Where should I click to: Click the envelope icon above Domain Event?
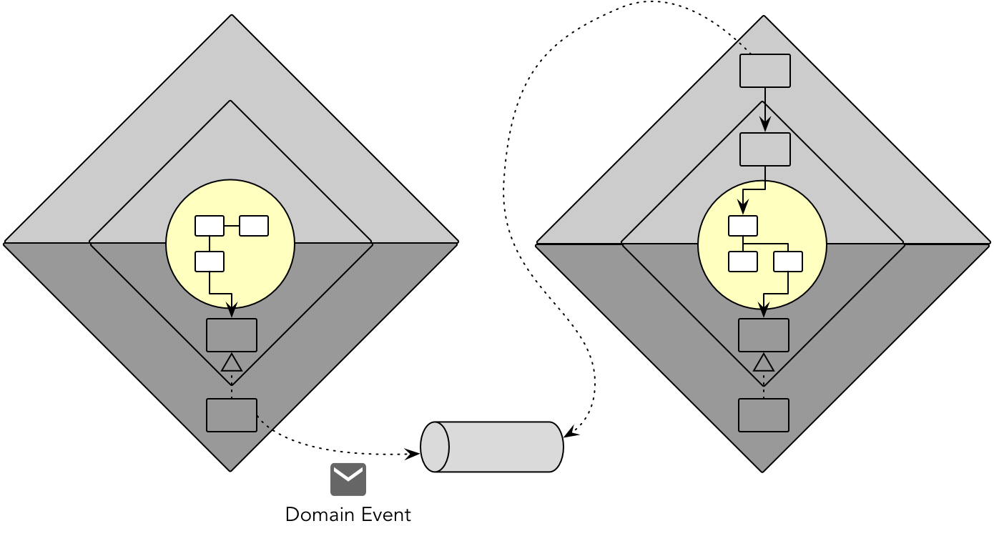click(348, 480)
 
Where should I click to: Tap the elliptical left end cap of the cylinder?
click(435, 447)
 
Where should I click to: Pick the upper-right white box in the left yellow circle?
click(254, 226)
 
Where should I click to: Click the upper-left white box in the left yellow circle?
click(210, 226)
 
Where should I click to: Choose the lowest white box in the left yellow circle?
click(210, 262)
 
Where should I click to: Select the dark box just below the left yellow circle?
click(232, 335)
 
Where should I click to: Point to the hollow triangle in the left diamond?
click(232, 363)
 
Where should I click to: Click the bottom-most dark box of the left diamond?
click(232, 415)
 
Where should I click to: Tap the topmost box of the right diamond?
click(764, 71)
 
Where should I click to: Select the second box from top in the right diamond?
click(764, 149)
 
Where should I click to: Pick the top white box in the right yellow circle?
click(743, 226)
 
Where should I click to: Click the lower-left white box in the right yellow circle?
click(743, 262)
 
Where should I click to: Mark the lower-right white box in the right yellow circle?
click(788, 262)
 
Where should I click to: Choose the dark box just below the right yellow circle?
click(764, 335)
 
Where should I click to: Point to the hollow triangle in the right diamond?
click(764, 363)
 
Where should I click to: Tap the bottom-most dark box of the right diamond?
click(764, 415)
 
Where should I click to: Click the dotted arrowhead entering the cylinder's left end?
click(413, 453)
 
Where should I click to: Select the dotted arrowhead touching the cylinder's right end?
click(569, 432)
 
